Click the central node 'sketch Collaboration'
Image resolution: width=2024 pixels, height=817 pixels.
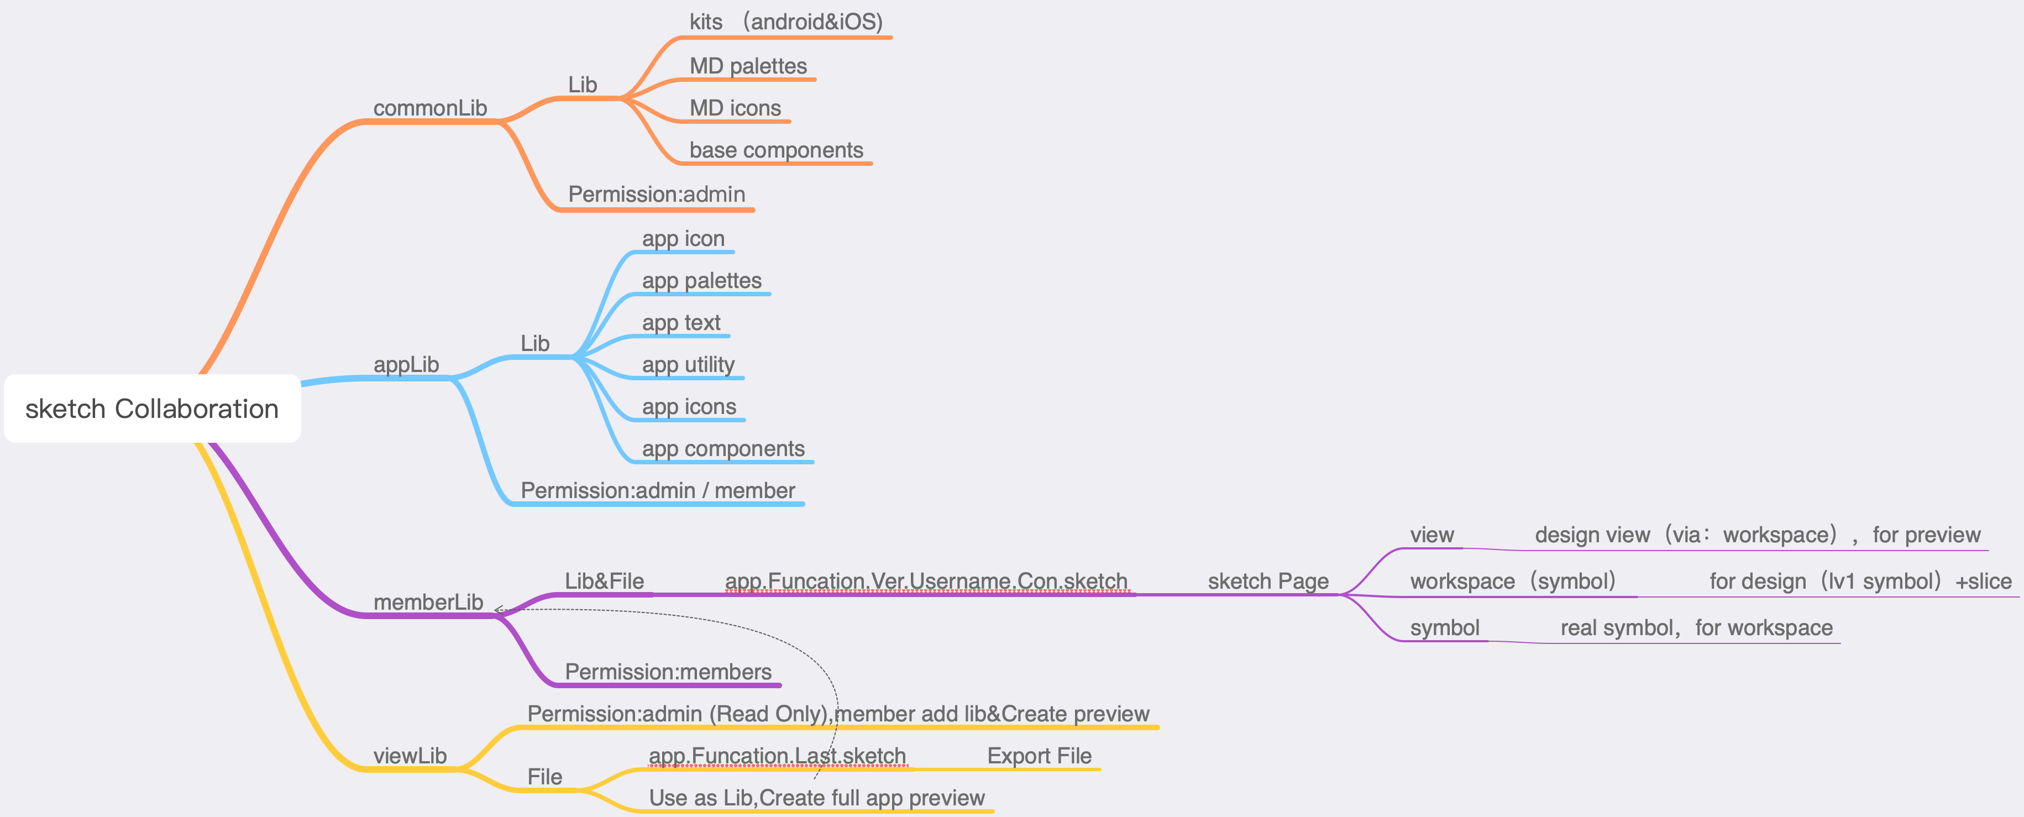151,408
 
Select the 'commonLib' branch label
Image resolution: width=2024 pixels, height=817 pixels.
430,108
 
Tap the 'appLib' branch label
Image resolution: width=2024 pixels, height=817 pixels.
406,364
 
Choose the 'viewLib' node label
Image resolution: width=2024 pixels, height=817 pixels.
410,756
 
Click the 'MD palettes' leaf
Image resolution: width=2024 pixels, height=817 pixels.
748,66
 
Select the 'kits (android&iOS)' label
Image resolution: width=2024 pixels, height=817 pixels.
786,22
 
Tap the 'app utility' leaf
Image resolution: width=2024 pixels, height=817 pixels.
688,364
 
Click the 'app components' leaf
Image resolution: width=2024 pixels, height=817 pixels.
723,448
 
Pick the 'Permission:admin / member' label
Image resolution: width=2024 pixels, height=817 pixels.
658,491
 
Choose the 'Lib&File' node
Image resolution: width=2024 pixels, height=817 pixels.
604,582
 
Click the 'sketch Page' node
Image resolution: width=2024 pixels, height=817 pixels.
1267,582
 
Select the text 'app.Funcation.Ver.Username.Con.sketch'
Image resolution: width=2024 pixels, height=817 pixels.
926,582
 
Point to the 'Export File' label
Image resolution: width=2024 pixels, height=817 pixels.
1039,756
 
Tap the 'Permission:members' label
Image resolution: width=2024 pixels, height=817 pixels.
668,672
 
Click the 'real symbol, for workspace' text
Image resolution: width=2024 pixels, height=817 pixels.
1696,628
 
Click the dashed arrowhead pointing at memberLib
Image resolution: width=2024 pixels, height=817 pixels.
497,610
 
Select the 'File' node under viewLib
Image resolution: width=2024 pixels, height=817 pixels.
544,777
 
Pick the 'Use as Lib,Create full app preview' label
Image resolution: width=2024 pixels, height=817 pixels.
816,798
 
